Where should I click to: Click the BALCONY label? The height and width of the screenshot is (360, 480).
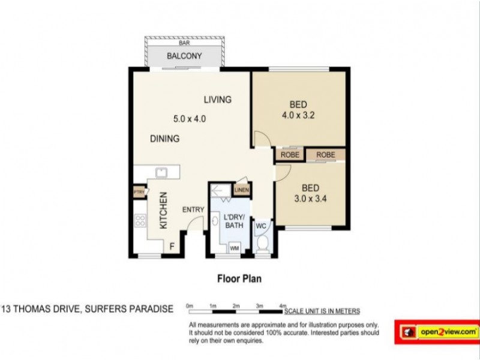click(x=184, y=57)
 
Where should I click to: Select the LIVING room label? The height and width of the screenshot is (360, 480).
click(x=217, y=100)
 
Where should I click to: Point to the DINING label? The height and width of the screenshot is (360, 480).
click(x=165, y=139)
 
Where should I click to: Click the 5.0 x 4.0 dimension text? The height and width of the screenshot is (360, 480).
click(x=189, y=119)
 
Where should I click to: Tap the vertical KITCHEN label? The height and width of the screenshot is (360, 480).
click(x=162, y=211)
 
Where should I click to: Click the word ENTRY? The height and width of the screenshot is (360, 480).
click(x=193, y=209)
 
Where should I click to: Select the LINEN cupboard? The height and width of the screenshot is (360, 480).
click(x=242, y=191)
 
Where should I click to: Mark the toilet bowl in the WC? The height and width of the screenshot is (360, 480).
click(x=262, y=245)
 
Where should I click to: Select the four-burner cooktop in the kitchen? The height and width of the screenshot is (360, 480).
click(x=140, y=221)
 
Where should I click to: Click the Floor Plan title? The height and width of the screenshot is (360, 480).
click(x=238, y=279)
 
